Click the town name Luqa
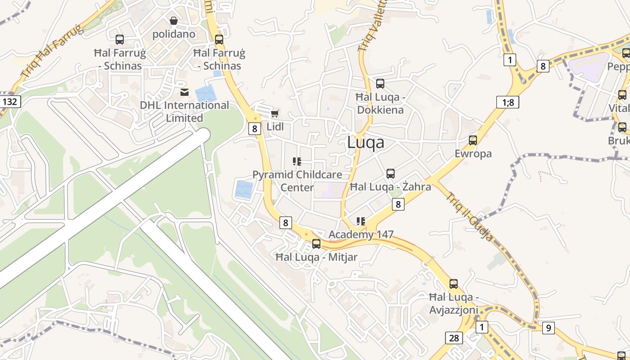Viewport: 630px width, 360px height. coord(366,142)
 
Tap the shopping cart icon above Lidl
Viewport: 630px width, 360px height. coord(275,113)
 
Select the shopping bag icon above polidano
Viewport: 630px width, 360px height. coord(174,21)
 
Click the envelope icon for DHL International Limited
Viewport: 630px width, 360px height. coord(184,92)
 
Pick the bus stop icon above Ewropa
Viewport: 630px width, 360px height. coord(473,140)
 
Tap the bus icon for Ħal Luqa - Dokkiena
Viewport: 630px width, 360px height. coord(380,84)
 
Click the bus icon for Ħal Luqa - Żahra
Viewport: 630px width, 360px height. coord(391,174)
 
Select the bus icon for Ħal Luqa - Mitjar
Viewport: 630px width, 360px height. coord(316,244)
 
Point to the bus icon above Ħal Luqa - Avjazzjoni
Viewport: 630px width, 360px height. coord(454,284)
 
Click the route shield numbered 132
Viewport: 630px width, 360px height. coord(9,102)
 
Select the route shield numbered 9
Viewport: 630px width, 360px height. coord(548,328)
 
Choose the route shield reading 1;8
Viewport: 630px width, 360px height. coord(508,102)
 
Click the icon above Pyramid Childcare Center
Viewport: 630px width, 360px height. coord(297,161)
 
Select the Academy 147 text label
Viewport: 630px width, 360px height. coord(361,234)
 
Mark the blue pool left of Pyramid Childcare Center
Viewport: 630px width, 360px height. coord(244,189)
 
